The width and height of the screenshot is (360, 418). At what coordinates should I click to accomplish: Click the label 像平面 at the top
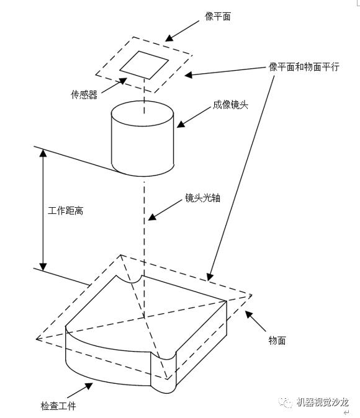click(217, 16)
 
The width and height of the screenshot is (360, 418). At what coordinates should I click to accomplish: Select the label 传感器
click(84, 95)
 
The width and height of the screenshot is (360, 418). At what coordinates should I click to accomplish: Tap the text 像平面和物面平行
click(304, 66)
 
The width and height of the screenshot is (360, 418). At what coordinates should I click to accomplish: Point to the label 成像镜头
click(230, 105)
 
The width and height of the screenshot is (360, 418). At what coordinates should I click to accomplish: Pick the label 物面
click(277, 340)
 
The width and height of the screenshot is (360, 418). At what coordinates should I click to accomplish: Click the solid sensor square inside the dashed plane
click(144, 64)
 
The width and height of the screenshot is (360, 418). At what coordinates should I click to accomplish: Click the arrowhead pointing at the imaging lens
click(180, 124)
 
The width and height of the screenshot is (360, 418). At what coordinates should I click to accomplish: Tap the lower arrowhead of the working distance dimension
click(43, 265)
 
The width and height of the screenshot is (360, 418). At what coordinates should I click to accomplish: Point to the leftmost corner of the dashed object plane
click(37, 339)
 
